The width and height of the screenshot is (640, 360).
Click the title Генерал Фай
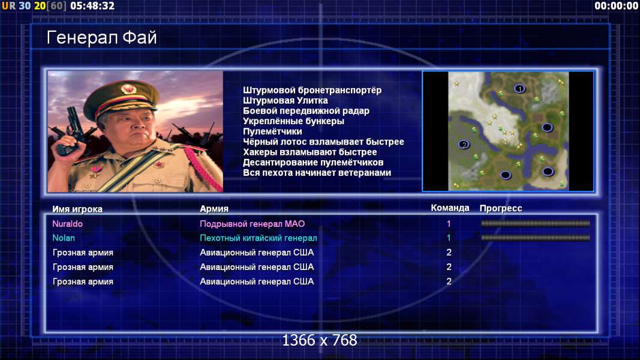pyautogui.click(x=101, y=38)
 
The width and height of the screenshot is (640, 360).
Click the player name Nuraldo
pyautogui.click(x=67, y=224)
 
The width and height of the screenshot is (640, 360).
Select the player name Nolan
pyautogui.click(x=63, y=238)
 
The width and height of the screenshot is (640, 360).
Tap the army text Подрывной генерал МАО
pyautogui.click(x=253, y=224)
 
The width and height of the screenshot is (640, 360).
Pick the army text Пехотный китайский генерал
pyautogui.click(x=259, y=238)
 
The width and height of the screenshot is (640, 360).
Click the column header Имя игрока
pyautogui.click(x=77, y=209)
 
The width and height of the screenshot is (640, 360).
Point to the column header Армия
pyautogui.click(x=214, y=209)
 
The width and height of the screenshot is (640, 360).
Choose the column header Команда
pyautogui.click(x=450, y=208)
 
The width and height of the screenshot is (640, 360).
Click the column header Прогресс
pyautogui.click(x=500, y=208)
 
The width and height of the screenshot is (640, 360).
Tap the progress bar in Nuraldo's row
pyautogui.click(x=535, y=223)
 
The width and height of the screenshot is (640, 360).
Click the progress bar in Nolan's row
pyautogui.click(x=535, y=238)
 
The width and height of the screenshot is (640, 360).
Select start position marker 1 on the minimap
pyautogui.click(x=519, y=89)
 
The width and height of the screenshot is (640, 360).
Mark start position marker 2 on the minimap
pyautogui.click(x=464, y=145)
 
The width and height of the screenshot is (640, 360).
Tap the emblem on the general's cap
pyautogui.click(x=128, y=89)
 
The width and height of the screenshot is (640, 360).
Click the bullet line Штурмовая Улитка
pyautogui.click(x=286, y=100)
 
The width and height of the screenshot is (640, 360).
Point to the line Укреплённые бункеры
pyautogui.click(x=293, y=121)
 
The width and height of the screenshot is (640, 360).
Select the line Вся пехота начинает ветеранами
pyautogui.click(x=317, y=173)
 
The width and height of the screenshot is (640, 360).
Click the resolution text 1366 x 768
pyautogui.click(x=320, y=340)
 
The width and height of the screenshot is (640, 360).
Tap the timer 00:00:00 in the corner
pyautogui.click(x=617, y=6)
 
